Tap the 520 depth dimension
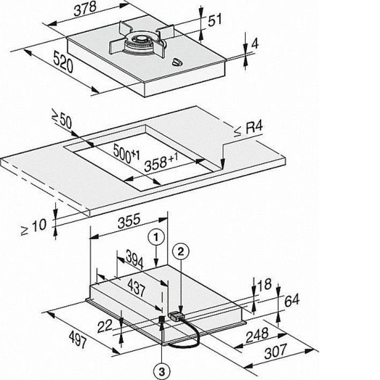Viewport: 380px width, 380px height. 63,62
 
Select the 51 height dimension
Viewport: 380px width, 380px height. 215,20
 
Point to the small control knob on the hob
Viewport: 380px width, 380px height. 177,63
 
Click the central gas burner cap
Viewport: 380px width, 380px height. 140,39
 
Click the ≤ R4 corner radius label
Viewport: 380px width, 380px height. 248,129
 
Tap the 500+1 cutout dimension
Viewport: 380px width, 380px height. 126,153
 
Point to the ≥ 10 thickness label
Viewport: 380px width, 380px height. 34,227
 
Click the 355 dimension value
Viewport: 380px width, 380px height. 129,220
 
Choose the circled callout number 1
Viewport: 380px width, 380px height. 156,237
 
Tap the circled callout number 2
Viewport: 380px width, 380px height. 180,252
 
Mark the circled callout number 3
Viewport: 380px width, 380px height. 161,371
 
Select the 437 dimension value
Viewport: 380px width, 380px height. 136,288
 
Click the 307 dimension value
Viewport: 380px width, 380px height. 275,351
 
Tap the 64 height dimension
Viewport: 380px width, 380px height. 292,301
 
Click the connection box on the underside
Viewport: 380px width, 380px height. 176,316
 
